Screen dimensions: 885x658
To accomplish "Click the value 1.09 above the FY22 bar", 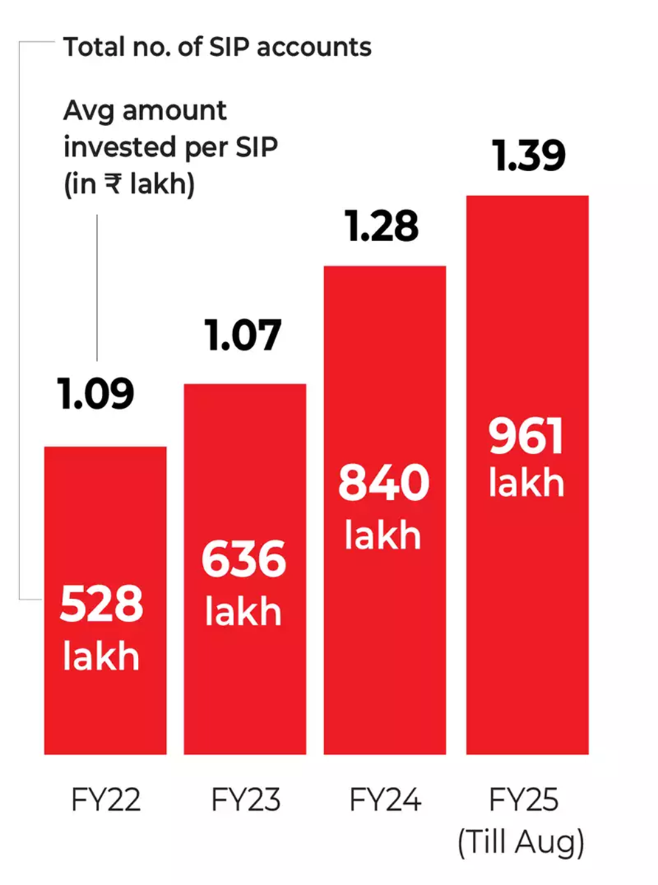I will (97, 394).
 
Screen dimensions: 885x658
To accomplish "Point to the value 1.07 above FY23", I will (244, 336).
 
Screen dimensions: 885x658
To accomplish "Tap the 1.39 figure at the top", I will (529, 157).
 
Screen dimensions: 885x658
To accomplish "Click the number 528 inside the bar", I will (101, 605).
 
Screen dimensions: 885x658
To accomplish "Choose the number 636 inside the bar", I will (244, 560).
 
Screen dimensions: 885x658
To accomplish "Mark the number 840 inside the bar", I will (384, 484).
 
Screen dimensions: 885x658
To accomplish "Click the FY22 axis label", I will (105, 800).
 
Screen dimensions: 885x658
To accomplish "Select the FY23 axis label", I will (246, 800).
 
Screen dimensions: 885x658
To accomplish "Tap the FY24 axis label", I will (384, 800).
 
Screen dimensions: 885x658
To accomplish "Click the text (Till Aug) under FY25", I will (522, 843).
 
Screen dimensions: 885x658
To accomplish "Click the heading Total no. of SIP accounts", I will (217, 48).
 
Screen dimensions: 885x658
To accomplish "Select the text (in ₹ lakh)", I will (129, 184).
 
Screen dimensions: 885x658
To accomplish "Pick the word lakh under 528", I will (101, 656).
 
